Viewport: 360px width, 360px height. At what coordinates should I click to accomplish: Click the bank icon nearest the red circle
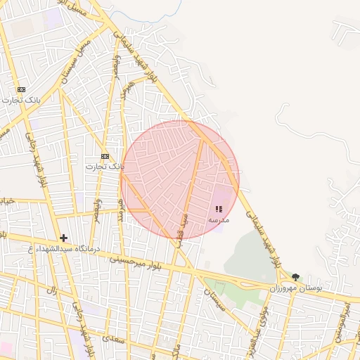105,156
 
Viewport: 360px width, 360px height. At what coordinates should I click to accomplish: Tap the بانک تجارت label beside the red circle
105,167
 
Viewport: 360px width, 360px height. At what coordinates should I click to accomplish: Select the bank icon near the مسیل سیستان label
21,89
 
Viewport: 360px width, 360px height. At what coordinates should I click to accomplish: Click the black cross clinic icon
64,238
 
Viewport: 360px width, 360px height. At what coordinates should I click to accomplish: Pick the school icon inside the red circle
218,209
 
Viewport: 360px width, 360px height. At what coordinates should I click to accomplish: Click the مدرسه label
218,220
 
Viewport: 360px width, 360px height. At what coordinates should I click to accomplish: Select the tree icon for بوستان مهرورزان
295,277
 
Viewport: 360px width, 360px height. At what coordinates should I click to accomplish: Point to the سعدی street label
110,337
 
